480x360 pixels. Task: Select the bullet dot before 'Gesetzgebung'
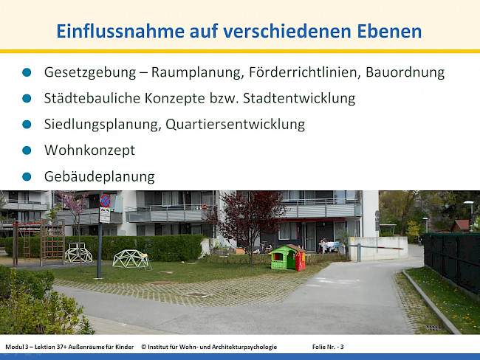click(27, 72)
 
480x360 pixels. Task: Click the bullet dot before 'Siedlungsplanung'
click(27, 125)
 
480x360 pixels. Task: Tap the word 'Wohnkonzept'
click(89, 150)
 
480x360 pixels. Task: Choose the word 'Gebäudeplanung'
click(99, 176)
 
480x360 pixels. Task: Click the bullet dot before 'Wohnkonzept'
click(27, 150)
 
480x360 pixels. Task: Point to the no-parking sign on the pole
click(105, 201)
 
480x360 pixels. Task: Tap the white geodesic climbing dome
click(79, 253)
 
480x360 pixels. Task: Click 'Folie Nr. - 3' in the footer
click(328, 346)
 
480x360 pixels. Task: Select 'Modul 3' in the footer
click(17, 346)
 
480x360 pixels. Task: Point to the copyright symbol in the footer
click(143, 346)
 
